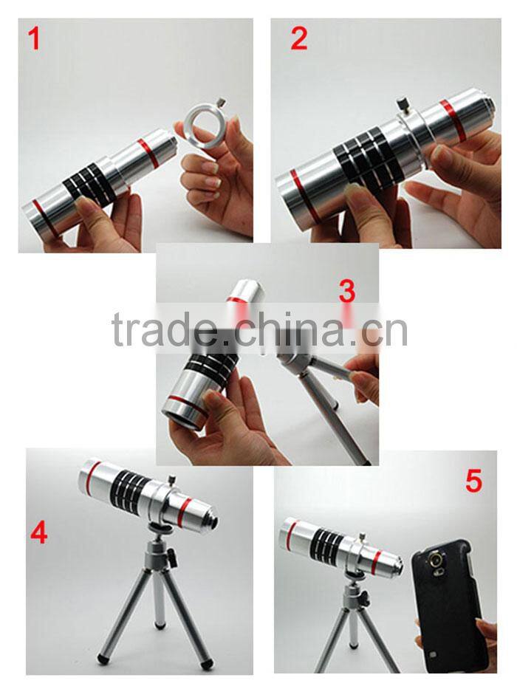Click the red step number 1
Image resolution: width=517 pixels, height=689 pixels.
(x=34, y=39)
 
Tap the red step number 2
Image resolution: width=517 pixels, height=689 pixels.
(x=298, y=39)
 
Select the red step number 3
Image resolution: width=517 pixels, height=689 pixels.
(x=347, y=292)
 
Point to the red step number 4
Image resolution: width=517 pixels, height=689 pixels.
(x=38, y=531)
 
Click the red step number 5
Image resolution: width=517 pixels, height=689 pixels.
(x=473, y=481)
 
